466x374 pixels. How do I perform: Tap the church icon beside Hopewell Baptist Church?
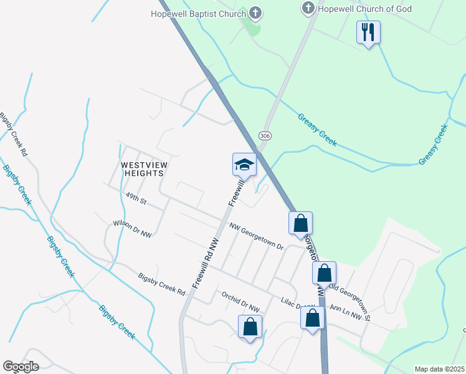click(x=255, y=12)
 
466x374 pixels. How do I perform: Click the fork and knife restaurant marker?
click(x=368, y=32)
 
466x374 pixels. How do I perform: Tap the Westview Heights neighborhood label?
click(x=144, y=170)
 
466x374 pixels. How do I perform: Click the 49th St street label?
click(x=135, y=199)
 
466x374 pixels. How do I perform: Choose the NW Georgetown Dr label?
click(x=256, y=237)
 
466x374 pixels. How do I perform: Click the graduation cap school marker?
click(x=244, y=165)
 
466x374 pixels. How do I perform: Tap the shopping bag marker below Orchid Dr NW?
click(x=250, y=327)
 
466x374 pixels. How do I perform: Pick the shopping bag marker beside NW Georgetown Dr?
click(x=300, y=223)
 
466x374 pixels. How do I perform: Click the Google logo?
click(x=21, y=367)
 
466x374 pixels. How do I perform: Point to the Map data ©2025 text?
click(x=439, y=369)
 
